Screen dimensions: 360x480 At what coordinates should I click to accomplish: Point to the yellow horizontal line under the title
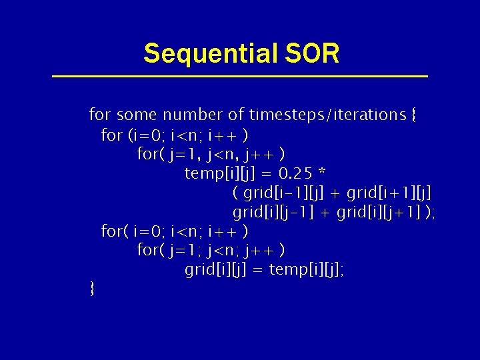(x=240, y=77)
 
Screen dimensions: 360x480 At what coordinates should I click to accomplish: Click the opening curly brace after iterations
(x=414, y=115)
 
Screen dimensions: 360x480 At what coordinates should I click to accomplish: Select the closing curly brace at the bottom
(x=92, y=289)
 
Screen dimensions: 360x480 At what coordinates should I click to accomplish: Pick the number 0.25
(x=296, y=173)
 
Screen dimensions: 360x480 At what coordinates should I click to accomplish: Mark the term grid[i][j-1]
(x=275, y=213)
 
